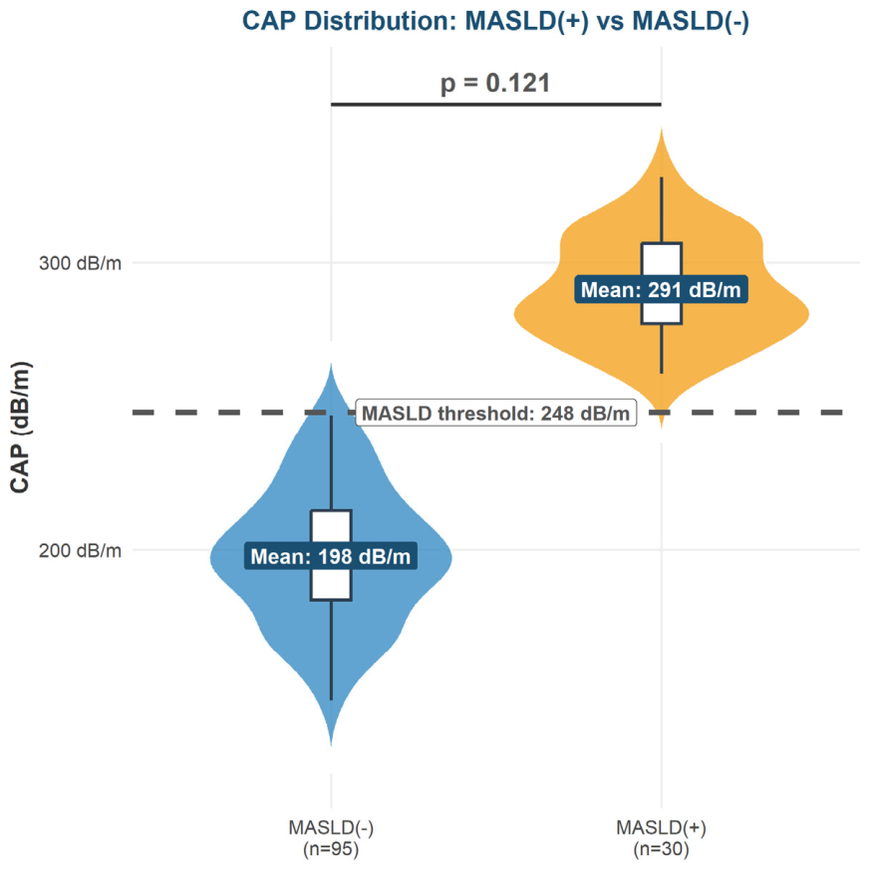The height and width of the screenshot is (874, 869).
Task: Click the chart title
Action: pyautogui.click(x=495, y=21)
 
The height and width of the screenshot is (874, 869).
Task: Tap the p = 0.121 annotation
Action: pyautogui.click(x=495, y=83)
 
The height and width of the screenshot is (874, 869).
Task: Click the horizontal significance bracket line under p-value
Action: pyautogui.click(x=496, y=105)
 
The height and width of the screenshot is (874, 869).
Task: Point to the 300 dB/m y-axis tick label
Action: pyautogui.click(x=81, y=262)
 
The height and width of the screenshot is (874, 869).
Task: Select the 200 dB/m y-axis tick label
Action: pyautogui.click(x=81, y=551)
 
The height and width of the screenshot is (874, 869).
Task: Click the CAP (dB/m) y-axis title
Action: pyautogui.click(x=21, y=428)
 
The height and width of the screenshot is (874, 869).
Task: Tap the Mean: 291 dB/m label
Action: pyautogui.click(x=661, y=290)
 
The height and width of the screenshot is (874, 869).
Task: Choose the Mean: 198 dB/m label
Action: pyautogui.click(x=331, y=556)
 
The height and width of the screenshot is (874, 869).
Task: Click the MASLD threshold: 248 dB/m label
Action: pyautogui.click(x=496, y=413)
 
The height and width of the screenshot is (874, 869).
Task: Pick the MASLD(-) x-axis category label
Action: pyautogui.click(x=331, y=828)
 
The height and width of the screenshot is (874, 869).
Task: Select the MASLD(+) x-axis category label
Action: pyautogui.click(x=661, y=828)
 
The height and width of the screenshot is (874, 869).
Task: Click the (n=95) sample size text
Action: pyautogui.click(x=331, y=849)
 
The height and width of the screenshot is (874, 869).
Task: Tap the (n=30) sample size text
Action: pyautogui.click(x=661, y=849)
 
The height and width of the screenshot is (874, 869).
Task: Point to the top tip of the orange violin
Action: pyautogui.click(x=662, y=129)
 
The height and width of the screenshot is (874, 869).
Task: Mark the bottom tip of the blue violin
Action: pyautogui.click(x=331, y=745)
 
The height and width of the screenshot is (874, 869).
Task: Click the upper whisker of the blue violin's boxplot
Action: pyautogui.click(x=332, y=462)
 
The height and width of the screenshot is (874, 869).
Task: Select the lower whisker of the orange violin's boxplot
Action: pyautogui.click(x=662, y=349)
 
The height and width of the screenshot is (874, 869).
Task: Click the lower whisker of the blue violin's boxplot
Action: pyautogui.click(x=332, y=650)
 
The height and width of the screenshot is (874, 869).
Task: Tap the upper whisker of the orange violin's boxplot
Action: pyautogui.click(x=662, y=210)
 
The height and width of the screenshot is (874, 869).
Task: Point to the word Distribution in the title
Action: pyautogui.click(x=378, y=21)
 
